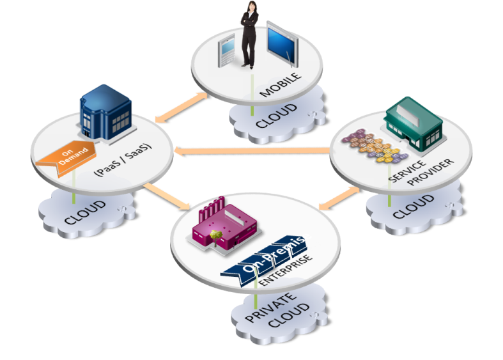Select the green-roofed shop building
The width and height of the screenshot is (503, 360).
[412, 121]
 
